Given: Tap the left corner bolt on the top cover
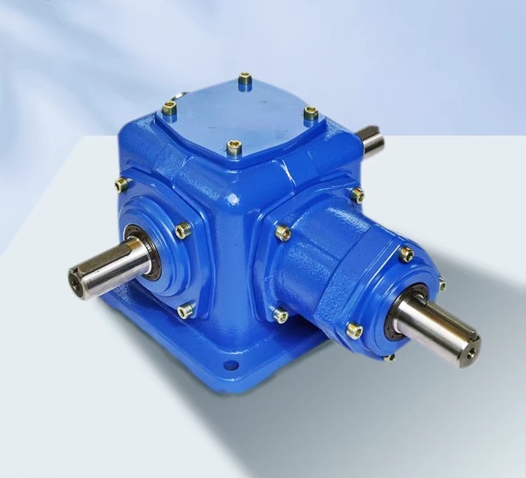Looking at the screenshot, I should [x=169, y=107].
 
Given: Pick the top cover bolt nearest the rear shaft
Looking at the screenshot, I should [x=310, y=113].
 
